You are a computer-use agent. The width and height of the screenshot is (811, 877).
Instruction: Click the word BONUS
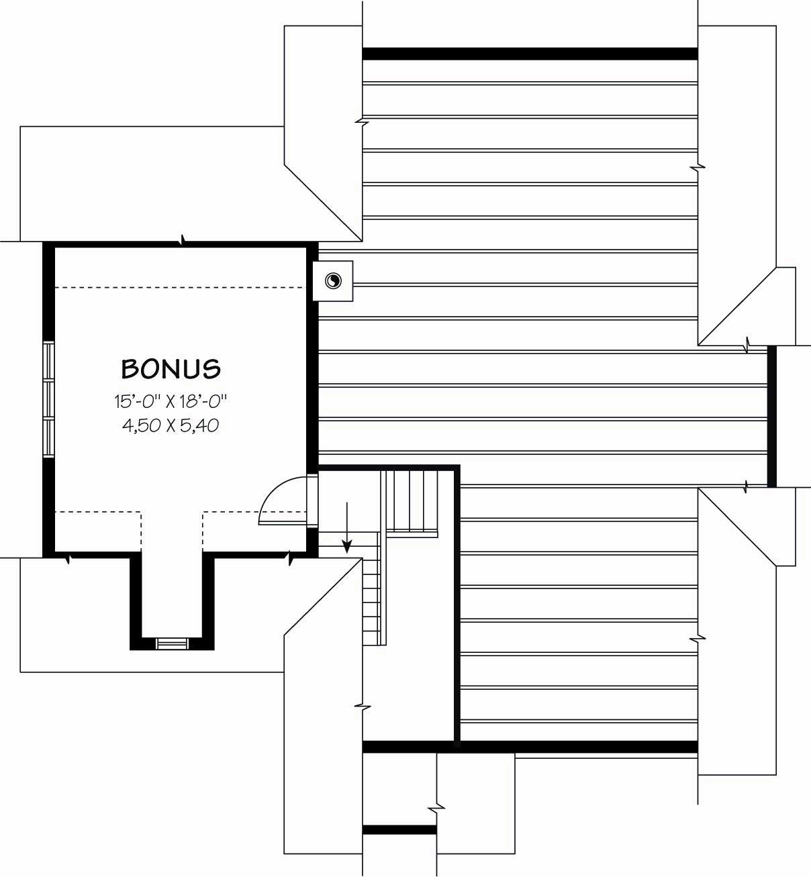[x=171, y=368]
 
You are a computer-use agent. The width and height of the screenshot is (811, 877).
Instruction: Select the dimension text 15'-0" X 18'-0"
[x=171, y=402]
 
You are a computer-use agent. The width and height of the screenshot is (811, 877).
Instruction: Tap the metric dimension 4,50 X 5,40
[x=171, y=425]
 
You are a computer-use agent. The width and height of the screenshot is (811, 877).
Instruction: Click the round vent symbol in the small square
[x=332, y=281]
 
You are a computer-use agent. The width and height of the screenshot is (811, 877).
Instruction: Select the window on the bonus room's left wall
[x=48, y=400]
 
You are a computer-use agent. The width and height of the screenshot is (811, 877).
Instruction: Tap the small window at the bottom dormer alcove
[x=172, y=643]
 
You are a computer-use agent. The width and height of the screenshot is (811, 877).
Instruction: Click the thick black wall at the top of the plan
[x=530, y=54]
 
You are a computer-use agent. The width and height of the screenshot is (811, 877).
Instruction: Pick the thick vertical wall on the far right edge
[x=771, y=416]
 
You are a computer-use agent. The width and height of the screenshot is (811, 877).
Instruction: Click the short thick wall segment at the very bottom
[x=399, y=830]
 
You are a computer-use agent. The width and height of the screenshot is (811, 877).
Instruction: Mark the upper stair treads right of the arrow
[x=412, y=500]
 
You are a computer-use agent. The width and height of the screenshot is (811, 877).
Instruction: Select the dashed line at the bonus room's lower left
[x=97, y=513]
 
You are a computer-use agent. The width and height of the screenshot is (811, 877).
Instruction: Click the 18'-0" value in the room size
[x=203, y=402]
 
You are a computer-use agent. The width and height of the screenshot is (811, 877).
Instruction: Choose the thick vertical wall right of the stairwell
[x=458, y=604]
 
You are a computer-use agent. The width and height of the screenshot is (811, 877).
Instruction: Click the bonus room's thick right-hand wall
[x=312, y=356]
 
